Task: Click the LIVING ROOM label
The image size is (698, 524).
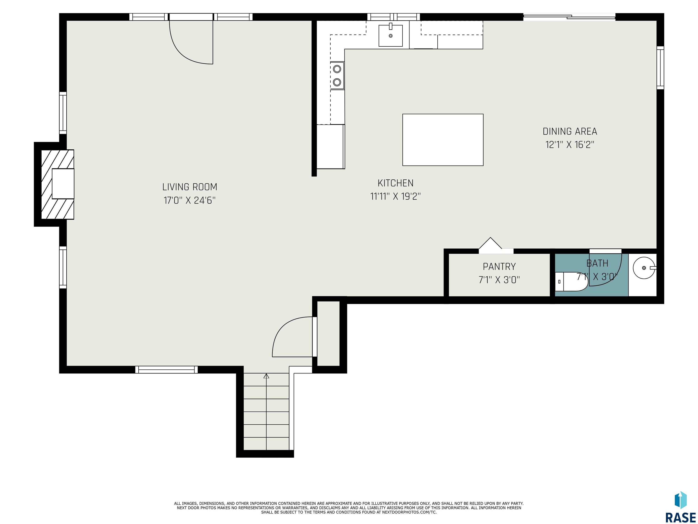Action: click(190, 187)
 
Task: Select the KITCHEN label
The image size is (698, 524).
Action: click(395, 183)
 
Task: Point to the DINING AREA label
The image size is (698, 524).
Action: click(570, 131)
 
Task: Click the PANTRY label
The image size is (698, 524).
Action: click(499, 267)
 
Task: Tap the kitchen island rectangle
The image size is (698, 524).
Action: click(443, 140)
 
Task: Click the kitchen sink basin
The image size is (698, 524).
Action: click(391, 35)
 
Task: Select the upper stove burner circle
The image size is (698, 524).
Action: click(337, 68)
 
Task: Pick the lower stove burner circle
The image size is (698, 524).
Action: click(337, 82)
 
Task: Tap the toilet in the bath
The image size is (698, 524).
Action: click(571, 281)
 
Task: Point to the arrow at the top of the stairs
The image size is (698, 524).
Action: click(266, 376)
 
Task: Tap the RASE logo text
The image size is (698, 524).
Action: click(680, 517)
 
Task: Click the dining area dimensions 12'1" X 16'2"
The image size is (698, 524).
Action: click(570, 145)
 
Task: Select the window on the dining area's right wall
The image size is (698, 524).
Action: click(660, 68)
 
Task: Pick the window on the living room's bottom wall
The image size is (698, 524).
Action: click(166, 370)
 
